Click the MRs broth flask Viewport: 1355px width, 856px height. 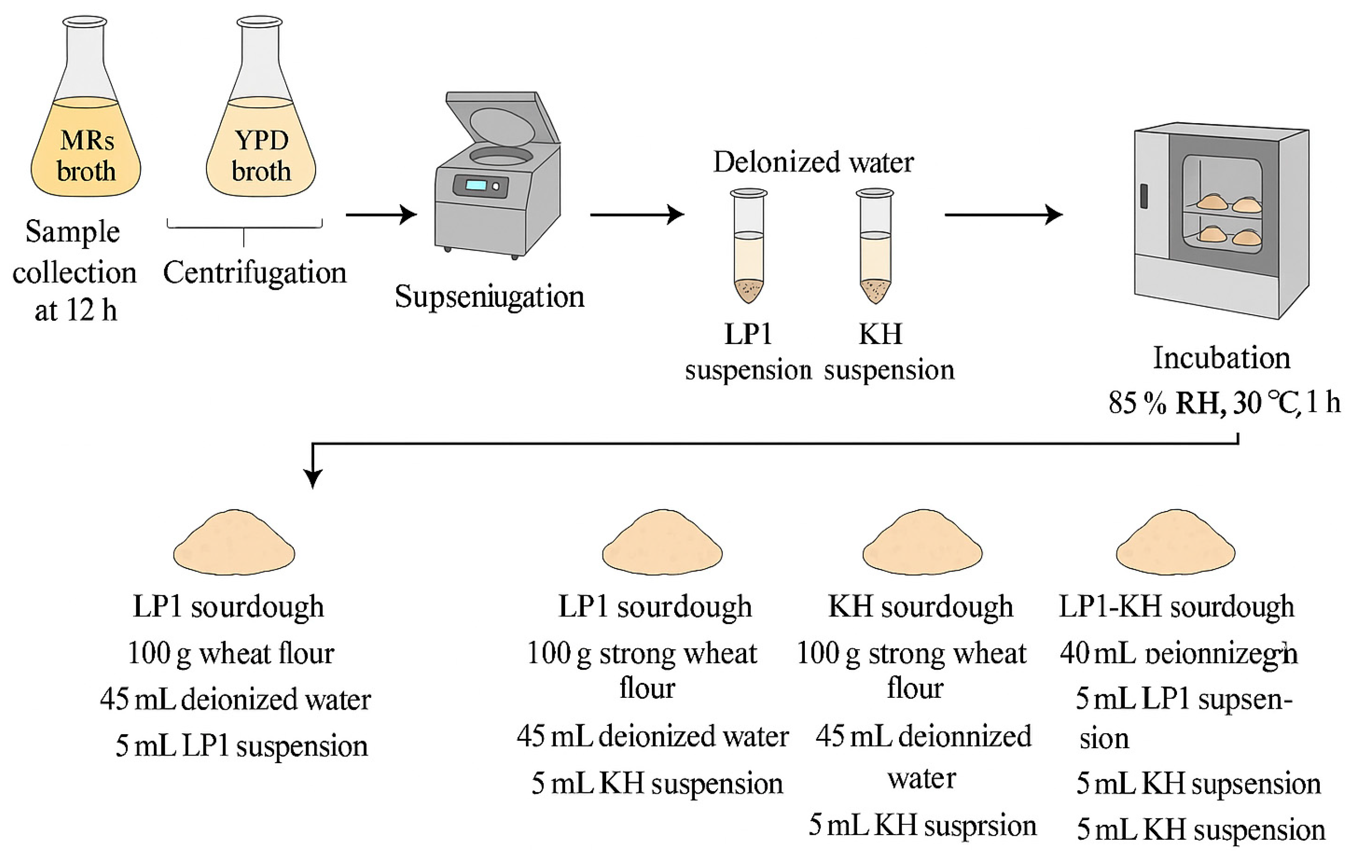(x=85, y=129)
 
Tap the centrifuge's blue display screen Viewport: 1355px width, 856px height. (x=476, y=185)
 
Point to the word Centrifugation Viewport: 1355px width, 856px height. (x=254, y=273)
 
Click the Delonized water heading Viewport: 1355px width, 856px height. (x=813, y=162)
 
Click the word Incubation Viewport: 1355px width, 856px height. (x=1221, y=358)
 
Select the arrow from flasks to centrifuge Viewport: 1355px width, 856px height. (x=381, y=214)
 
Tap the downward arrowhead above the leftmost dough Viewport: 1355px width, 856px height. (x=312, y=478)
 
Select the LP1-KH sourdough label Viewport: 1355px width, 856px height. (x=1176, y=607)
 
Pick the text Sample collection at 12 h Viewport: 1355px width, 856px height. (x=74, y=271)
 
